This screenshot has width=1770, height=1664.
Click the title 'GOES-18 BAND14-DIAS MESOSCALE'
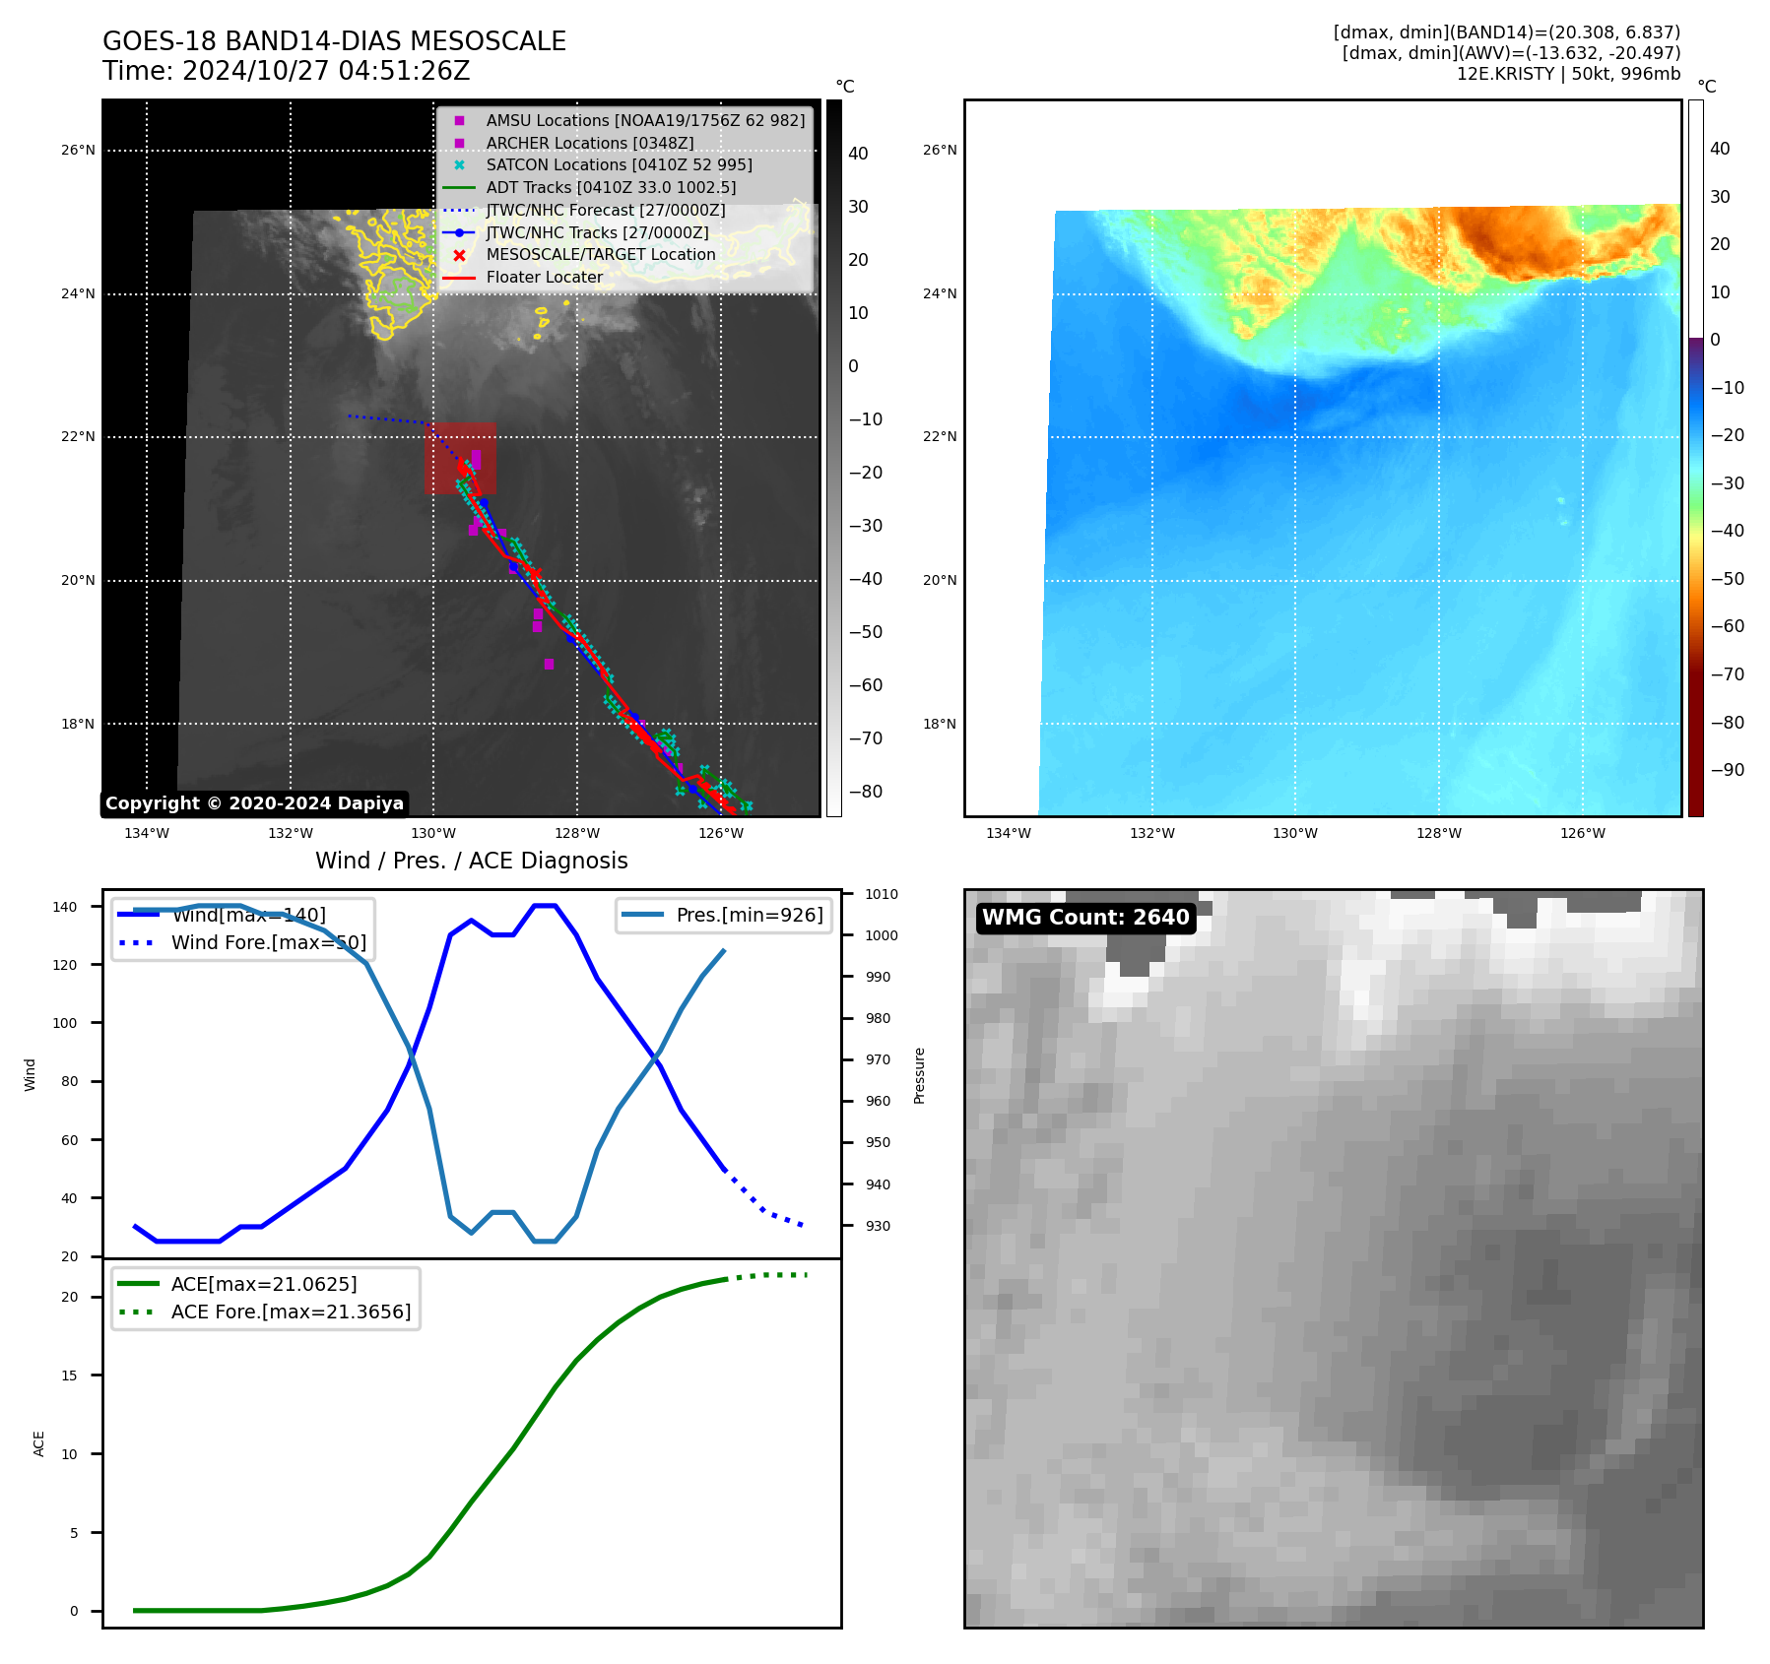click(x=334, y=41)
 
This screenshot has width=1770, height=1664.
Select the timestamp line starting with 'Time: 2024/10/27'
click(x=286, y=71)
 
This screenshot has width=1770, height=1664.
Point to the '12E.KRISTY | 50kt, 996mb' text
click(x=1568, y=74)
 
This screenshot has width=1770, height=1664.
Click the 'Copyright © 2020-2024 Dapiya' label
click(x=254, y=803)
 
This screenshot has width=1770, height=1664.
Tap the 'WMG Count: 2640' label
click(x=1085, y=918)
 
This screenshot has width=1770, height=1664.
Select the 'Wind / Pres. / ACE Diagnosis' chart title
click(x=471, y=861)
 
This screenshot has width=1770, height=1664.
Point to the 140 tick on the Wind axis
click(x=65, y=907)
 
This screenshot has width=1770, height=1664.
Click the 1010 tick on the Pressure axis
click(x=882, y=894)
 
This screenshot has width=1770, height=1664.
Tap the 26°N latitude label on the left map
click(x=78, y=151)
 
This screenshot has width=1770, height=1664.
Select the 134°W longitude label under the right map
click(x=1009, y=833)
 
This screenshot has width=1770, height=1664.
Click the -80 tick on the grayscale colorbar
click(x=866, y=792)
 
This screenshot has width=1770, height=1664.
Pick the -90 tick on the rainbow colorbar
click(x=1727, y=770)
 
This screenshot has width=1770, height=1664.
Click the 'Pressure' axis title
click(x=919, y=1075)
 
